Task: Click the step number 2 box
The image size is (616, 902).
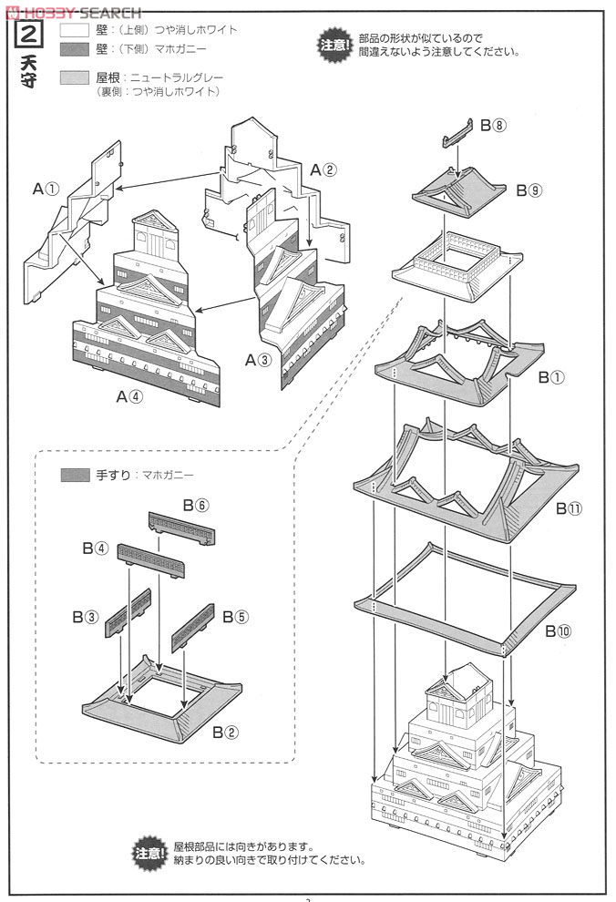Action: [x=26, y=37]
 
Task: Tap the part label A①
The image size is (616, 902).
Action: [x=46, y=190]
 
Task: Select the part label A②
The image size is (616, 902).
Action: [x=323, y=169]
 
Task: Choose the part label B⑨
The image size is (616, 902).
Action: [x=529, y=190]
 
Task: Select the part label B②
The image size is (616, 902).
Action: [x=225, y=731]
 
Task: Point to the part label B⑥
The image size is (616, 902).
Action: [x=196, y=504]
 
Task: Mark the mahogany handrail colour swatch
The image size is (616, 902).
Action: [x=74, y=475]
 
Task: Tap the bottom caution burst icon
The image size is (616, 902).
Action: [x=149, y=853]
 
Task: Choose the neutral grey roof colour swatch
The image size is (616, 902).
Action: [x=74, y=79]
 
